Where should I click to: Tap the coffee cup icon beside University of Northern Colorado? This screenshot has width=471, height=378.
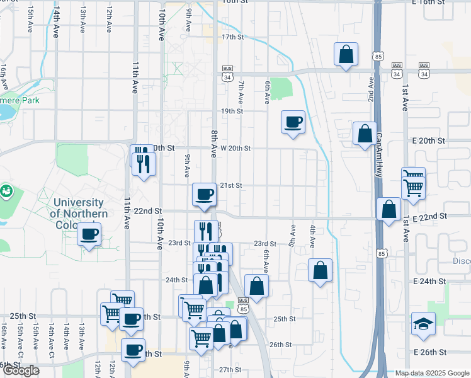point(89,236)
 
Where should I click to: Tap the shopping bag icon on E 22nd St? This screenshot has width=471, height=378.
point(389,209)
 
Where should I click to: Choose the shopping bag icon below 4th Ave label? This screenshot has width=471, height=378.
point(320,270)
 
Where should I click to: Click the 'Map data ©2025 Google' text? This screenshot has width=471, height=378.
point(431,373)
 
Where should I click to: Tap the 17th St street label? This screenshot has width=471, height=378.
point(232,37)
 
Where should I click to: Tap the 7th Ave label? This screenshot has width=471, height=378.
point(241,92)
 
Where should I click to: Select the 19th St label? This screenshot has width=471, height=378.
point(232,111)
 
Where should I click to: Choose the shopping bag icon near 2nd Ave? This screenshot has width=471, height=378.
point(364,134)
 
